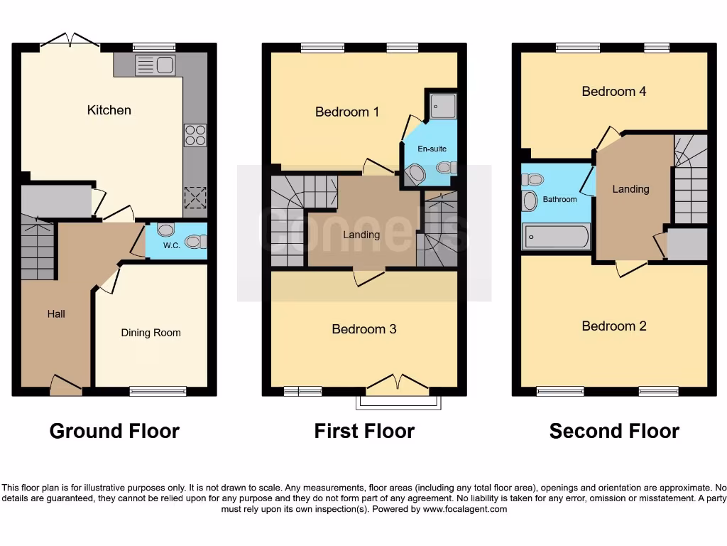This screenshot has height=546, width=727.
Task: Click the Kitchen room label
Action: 109,110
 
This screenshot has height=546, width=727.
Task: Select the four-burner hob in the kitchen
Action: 195,135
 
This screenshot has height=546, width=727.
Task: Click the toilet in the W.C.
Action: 194,242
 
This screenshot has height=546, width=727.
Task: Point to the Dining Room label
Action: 151,333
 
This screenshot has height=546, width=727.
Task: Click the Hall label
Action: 56,314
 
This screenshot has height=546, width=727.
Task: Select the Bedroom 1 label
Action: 347,112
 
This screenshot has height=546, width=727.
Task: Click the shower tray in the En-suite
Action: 441,105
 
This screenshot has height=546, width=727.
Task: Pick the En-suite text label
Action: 432,149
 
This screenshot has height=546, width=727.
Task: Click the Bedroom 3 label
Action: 364,329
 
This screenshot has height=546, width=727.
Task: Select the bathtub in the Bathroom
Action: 557,237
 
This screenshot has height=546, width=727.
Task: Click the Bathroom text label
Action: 559,200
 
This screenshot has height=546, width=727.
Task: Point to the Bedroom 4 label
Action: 613,91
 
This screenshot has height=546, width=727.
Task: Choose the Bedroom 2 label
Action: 614,326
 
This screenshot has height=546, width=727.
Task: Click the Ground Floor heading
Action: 114,431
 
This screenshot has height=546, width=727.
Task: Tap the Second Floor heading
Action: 614,431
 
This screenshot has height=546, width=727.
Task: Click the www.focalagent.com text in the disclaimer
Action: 465,509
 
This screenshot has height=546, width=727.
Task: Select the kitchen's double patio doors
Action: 70,41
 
